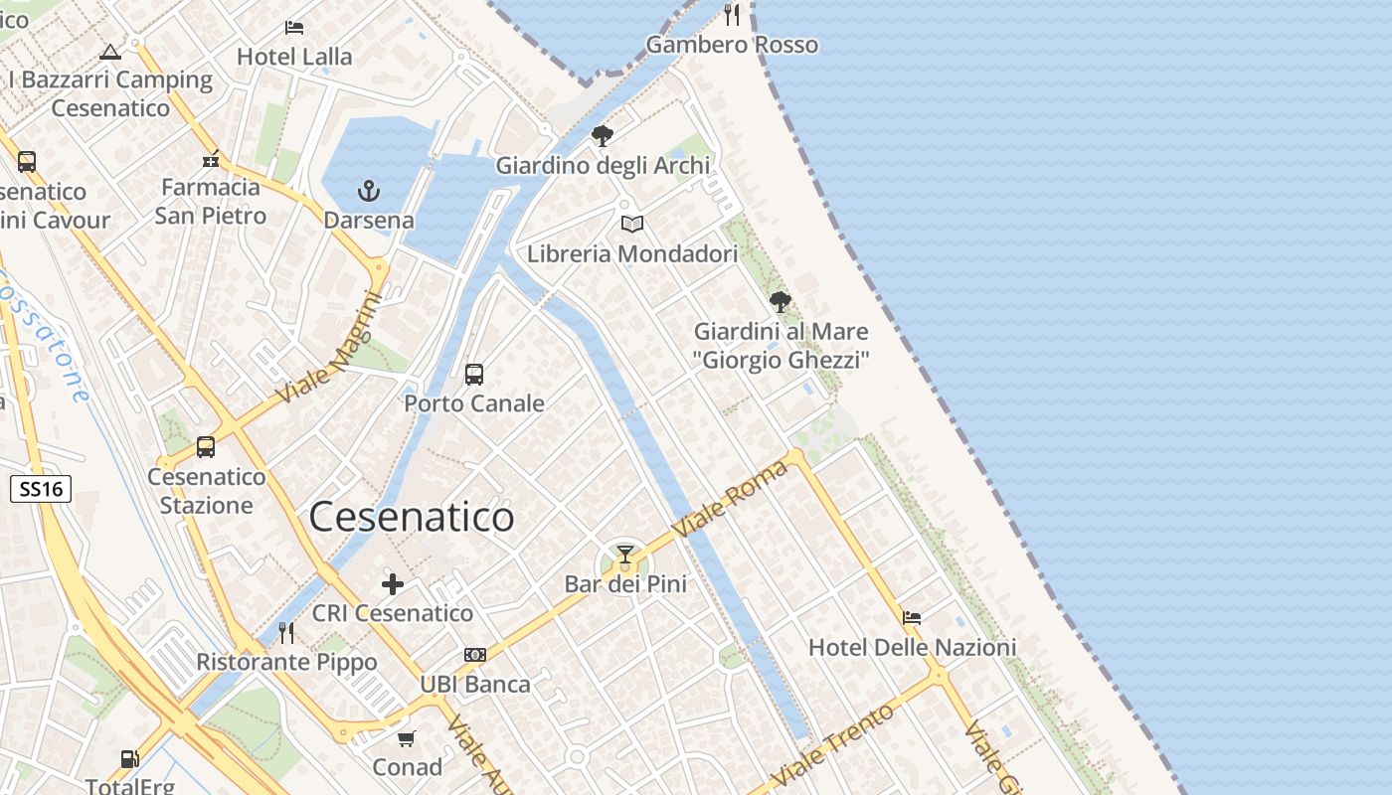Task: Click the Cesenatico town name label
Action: click(412, 517)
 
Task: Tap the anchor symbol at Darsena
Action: click(369, 190)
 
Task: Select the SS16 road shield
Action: click(41, 488)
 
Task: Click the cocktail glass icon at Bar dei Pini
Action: click(625, 554)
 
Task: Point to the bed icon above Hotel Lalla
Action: click(294, 27)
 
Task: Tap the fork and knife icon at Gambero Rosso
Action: click(733, 14)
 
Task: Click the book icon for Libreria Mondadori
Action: click(632, 224)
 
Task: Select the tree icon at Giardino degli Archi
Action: click(602, 136)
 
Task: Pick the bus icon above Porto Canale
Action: click(474, 374)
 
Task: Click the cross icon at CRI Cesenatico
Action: click(393, 583)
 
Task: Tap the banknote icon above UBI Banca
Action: click(475, 655)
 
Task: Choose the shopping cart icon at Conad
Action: click(407, 738)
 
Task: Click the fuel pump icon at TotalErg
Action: click(129, 759)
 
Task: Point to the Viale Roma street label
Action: click(731, 500)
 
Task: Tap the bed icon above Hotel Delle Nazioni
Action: click(912, 617)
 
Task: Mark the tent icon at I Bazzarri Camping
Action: click(110, 51)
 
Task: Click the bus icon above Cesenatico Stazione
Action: click(206, 447)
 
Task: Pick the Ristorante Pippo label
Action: click(286, 662)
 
